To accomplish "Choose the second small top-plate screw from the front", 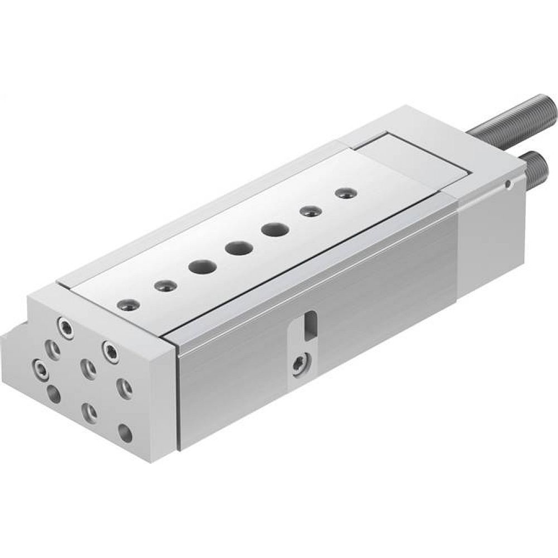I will (x=166, y=286).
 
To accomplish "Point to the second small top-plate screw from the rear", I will (x=309, y=211).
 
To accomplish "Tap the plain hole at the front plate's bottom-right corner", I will (x=126, y=432).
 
